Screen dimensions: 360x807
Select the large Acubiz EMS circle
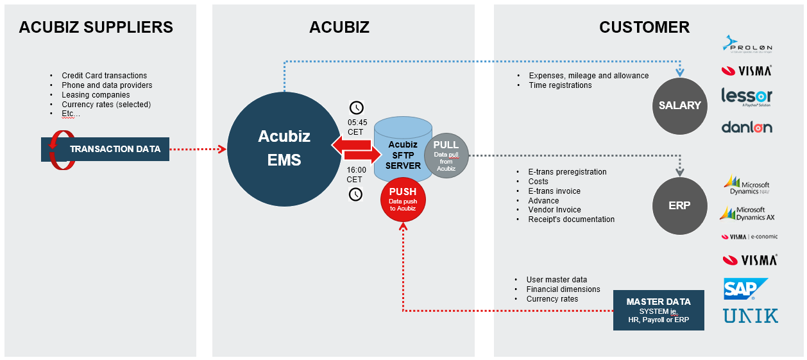click(284, 148)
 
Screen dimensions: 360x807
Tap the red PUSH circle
click(402, 199)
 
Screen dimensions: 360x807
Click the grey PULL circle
click(446, 155)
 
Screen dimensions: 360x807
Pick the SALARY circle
click(679, 106)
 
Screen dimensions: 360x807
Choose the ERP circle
click(679, 207)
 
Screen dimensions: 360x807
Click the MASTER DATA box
click(658, 311)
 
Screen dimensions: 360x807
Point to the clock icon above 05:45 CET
click(355, 107)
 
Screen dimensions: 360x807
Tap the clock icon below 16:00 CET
click(355, 194)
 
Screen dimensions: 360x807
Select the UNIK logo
click(751, 316)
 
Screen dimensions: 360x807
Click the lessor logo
click(747, 97)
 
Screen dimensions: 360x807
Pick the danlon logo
click(747, 127)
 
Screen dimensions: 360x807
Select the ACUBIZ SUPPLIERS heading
click(96, 27)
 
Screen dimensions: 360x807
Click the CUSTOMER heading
click(644, 27)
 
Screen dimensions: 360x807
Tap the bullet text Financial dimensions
click(563, 289)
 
